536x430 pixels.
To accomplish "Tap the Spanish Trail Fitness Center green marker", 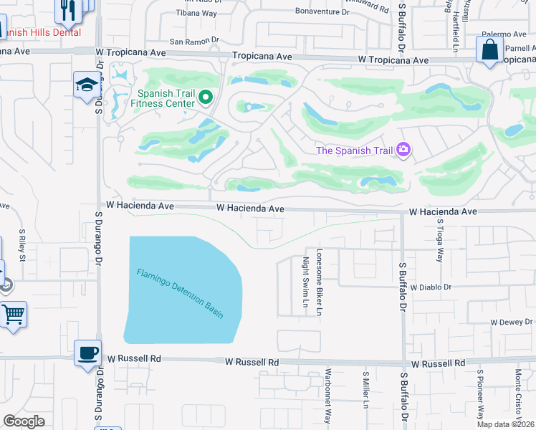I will point(206,97).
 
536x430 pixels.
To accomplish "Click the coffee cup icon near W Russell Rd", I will point(87,352).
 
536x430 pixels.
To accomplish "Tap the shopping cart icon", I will point(14,314).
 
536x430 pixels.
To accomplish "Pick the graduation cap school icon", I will point(87,84).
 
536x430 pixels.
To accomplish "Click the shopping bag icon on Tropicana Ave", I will point(489,50).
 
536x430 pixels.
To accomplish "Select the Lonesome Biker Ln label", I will point(320,282).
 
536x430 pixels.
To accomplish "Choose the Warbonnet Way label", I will point(328,396).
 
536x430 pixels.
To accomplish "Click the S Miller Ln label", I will point(365,390).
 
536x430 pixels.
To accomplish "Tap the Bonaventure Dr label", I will point(322,12).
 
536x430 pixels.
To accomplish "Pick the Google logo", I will point(24,421).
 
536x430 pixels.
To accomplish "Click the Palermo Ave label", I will point(504,34).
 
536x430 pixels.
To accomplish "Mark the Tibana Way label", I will point(196,13).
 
